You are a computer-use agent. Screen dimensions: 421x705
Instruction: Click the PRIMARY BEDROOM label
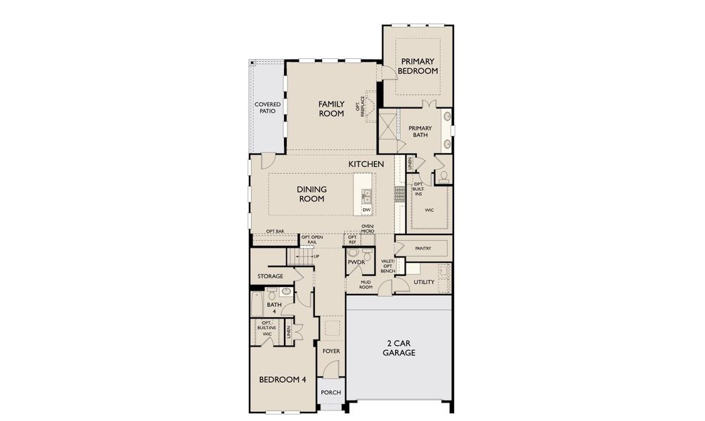click(x=418, y=66)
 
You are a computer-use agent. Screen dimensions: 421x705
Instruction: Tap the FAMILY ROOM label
click(x=331, y=109)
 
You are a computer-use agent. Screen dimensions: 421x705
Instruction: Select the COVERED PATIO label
click(x=267, y=108)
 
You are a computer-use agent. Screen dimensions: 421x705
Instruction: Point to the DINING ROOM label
click(x=311, y=194)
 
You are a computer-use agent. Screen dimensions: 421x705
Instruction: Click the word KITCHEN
click(x=366, y=164)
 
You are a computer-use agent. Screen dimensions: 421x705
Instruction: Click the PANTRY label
click(x=423, y=248)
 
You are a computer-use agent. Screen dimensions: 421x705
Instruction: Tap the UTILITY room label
click(x=424, y=282)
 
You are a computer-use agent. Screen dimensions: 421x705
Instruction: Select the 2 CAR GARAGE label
click(x=399, y=348)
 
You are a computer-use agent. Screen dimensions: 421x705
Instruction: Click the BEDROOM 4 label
click(x=283, y=380)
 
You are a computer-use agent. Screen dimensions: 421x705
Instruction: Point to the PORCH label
click(x=330, y=392)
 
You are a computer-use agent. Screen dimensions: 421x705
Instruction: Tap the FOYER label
click(x=330, y=350)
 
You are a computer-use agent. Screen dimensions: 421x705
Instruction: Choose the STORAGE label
click(x=270, y=276)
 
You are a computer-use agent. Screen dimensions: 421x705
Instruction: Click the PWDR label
click(x=355, y=262)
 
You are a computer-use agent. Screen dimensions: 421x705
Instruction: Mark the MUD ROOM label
click(x=366, y=284)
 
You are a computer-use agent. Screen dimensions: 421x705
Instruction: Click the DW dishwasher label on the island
click(x=366, y=210)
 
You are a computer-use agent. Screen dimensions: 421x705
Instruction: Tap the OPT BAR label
click(x=275, y=232)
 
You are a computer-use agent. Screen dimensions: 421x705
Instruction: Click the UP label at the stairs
click(x=316, y=256)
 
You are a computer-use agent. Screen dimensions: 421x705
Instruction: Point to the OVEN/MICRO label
click(x=367, y=228)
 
